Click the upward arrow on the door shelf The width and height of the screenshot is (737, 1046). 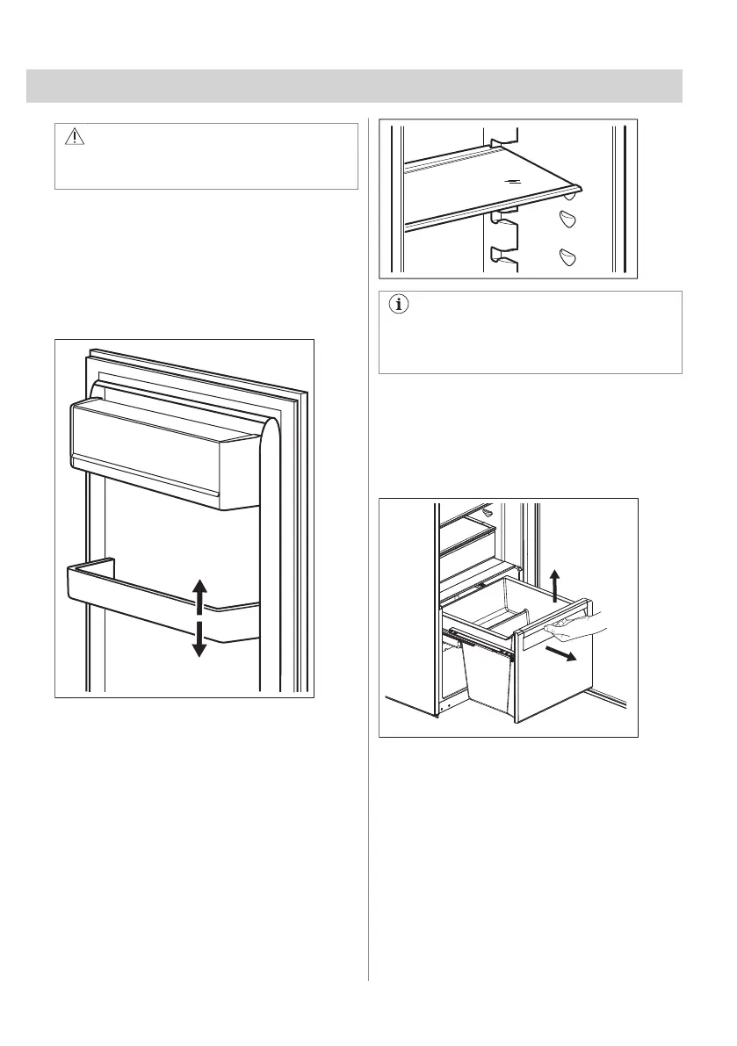(199, 595)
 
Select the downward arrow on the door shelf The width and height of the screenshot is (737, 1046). (199, 638)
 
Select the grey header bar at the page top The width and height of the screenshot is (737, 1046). (354, 86)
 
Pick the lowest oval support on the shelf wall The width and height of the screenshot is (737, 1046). (567, 256)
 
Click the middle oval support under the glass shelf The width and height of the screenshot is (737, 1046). (567, 217)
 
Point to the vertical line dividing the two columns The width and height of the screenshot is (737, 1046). (368, 545)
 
